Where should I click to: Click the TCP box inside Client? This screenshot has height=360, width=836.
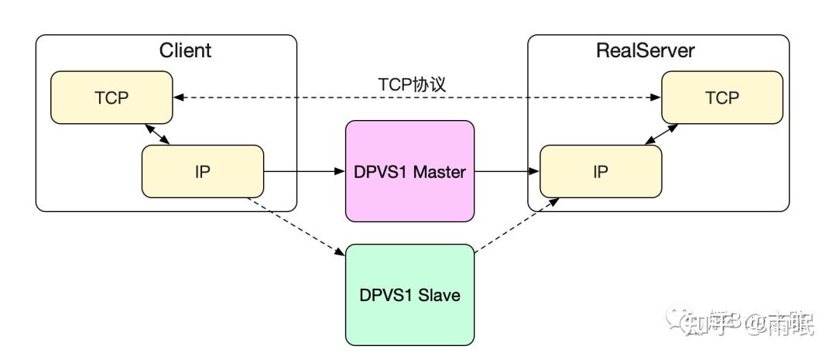[x=111, y=97]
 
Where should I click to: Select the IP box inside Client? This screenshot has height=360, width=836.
[x=203, y=170]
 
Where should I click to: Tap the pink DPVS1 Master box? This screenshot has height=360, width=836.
[x=409, y=171]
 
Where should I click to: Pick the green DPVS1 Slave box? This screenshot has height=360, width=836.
[x=409, y=294]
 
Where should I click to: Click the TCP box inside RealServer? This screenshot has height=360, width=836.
[x=722, y=97]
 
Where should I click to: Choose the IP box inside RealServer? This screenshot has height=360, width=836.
[x=601, y=171]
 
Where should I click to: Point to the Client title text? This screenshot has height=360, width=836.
[x=185, y=51]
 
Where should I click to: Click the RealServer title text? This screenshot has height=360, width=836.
[x=646, y=51]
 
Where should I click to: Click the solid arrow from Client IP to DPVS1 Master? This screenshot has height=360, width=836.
[x=304, y=171]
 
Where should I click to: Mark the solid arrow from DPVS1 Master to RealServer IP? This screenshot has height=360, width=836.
[x=507, y=171]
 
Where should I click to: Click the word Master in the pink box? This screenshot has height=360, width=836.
[x=439, y=171]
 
